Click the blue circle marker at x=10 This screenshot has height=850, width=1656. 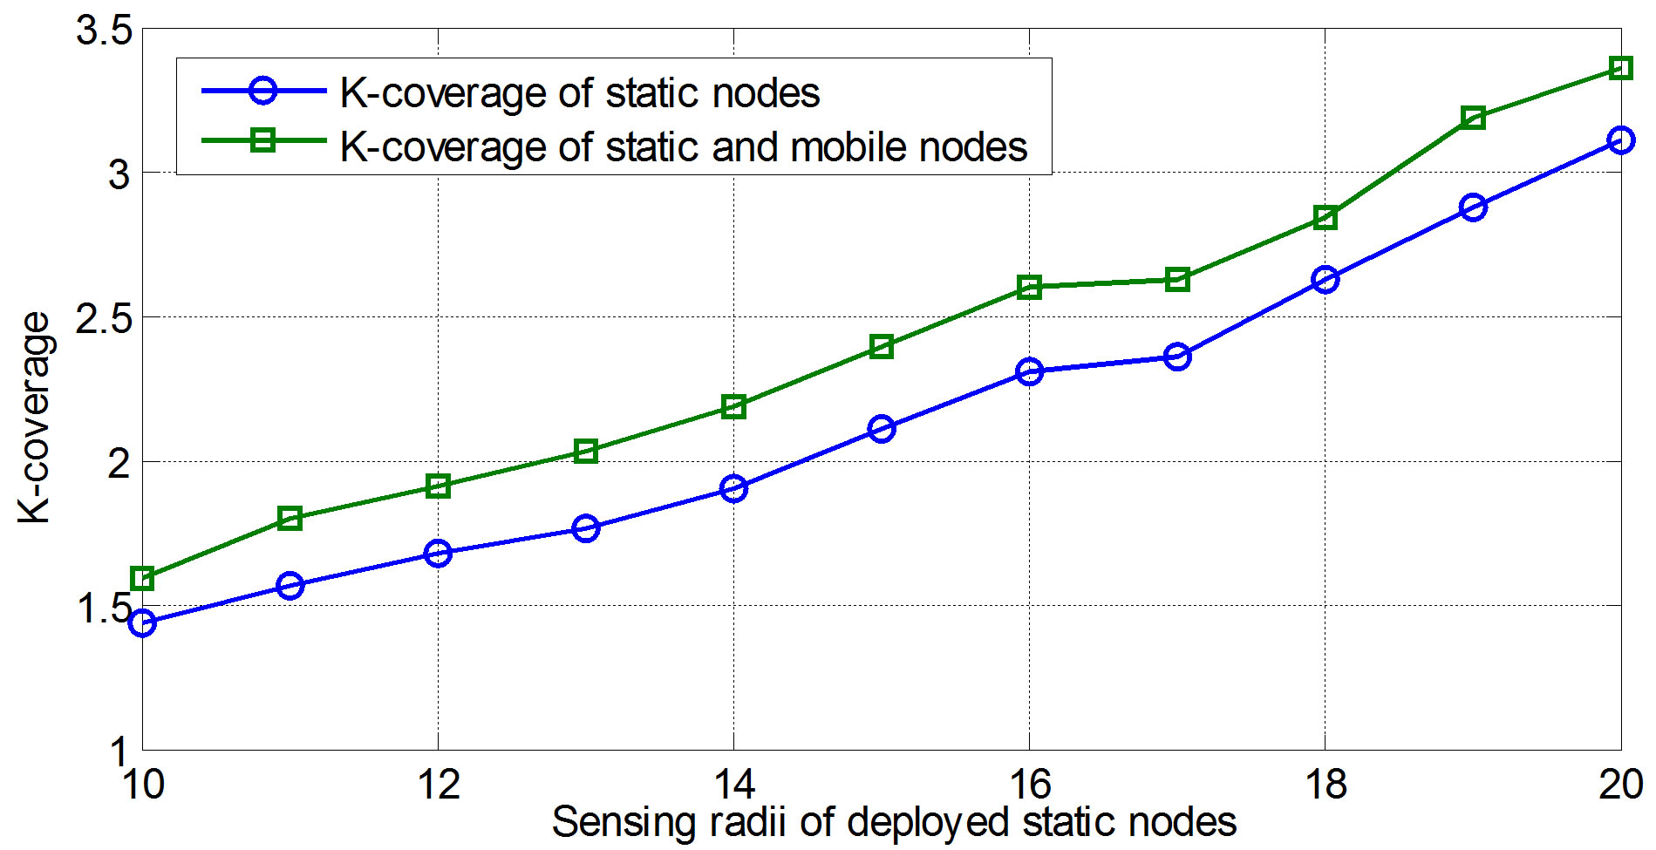click(x=142, y=622)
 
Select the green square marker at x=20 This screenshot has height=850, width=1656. click(x=1620, y=68)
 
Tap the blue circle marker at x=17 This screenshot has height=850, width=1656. click(x=1177, y=357)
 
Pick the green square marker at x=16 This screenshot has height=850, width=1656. click(x=1029, y=287)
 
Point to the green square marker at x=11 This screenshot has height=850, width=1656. click(x=290, y=518)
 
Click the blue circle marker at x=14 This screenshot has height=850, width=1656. click(x=733, y=488)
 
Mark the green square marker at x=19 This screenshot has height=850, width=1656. click(x=1473, y=117)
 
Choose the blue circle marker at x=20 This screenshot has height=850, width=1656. click(x=1620, y=139)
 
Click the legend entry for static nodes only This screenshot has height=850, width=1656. click(x=579, y=92)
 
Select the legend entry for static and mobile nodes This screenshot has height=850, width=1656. click(x=683, y=146)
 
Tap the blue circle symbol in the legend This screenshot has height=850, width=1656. click(x=262, y=91)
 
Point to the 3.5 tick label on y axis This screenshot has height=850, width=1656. click(x=103, y=31)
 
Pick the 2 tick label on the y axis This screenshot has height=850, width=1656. click(x=119, y=463)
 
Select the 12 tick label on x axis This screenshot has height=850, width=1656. click(x=438, y=785)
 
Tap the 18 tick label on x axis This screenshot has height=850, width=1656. click(x=1325, y=785)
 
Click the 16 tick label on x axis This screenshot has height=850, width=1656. click(x=1029, y=785)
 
